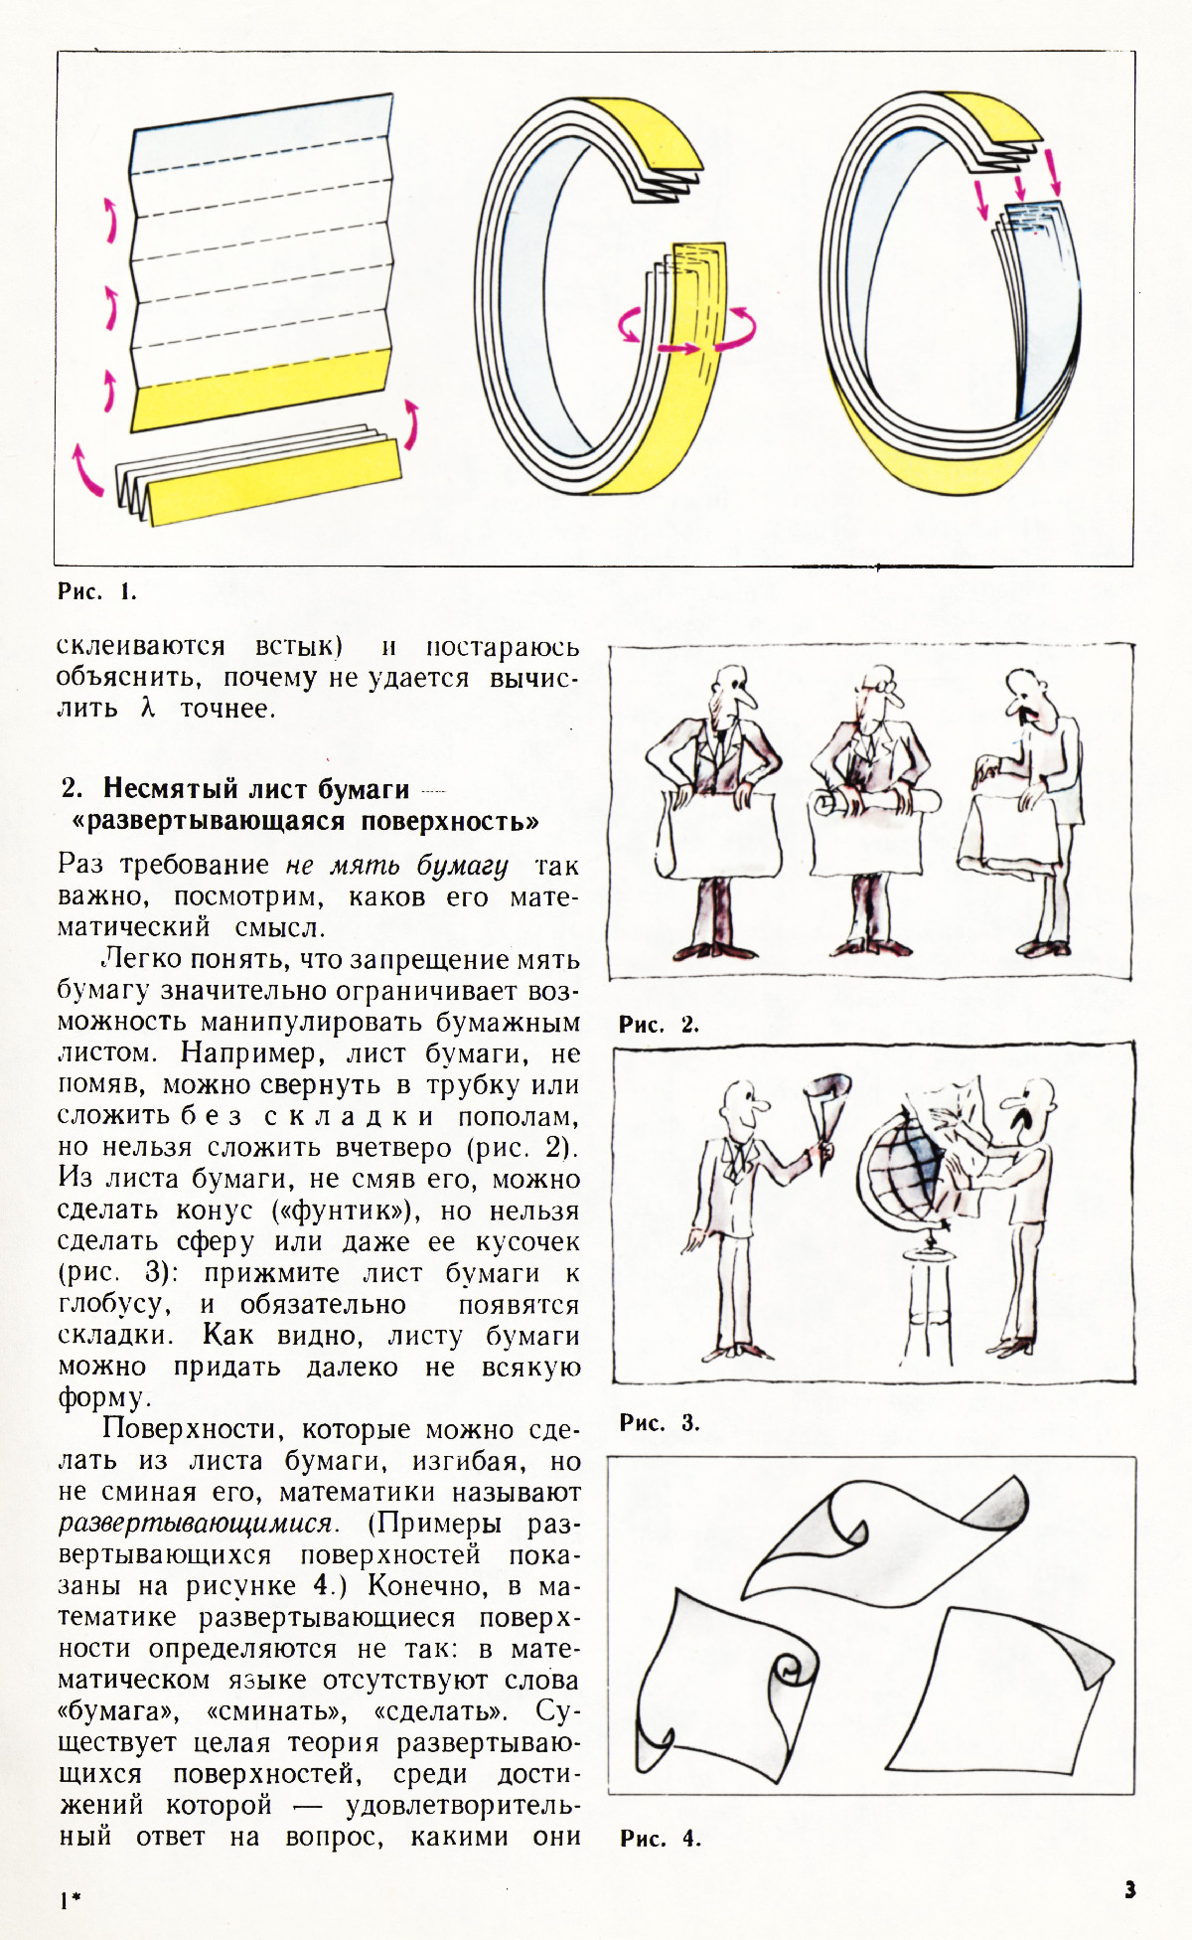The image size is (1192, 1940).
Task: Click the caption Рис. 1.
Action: pyautogui.click(x=96, y=592)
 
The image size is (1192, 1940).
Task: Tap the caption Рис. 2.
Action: pyautogui.click(x=659, y=1025)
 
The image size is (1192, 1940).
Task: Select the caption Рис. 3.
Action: pyautogui.click(x=660, y=1422)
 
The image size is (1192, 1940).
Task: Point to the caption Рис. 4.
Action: pyautogui.click(x=660, y=1839)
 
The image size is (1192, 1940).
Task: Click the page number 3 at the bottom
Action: pyautogui.click(x=1129, y=1889)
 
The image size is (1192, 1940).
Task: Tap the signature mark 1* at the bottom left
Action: pyautogui.click(x=69, y=1900)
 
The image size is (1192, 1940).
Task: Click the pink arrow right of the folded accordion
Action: pyautogui.click(x=410, y=424)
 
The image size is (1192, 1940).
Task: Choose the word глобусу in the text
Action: pyautogui.click(x=113, y=1304)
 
